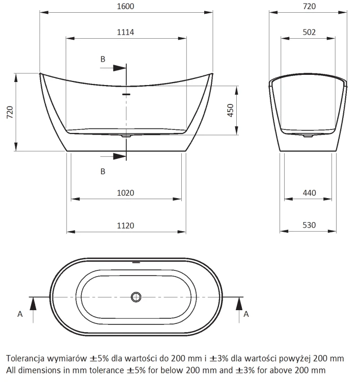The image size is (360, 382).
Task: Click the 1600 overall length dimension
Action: tap(125, 6)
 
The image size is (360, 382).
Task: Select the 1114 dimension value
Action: tap(125, 32)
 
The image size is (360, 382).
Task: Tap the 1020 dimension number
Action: tap(125, 193)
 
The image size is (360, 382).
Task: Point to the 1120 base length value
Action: tap(125, 226)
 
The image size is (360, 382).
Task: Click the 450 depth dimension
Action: tap(231, 111)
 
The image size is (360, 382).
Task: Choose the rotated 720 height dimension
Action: tap(10, 113)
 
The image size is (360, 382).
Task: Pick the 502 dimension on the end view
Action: tap(309, 32)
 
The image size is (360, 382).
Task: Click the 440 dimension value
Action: tap(310, 193)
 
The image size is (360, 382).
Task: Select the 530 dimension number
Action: tap(309, 225)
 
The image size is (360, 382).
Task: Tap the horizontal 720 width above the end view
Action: tap(310, 6)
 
